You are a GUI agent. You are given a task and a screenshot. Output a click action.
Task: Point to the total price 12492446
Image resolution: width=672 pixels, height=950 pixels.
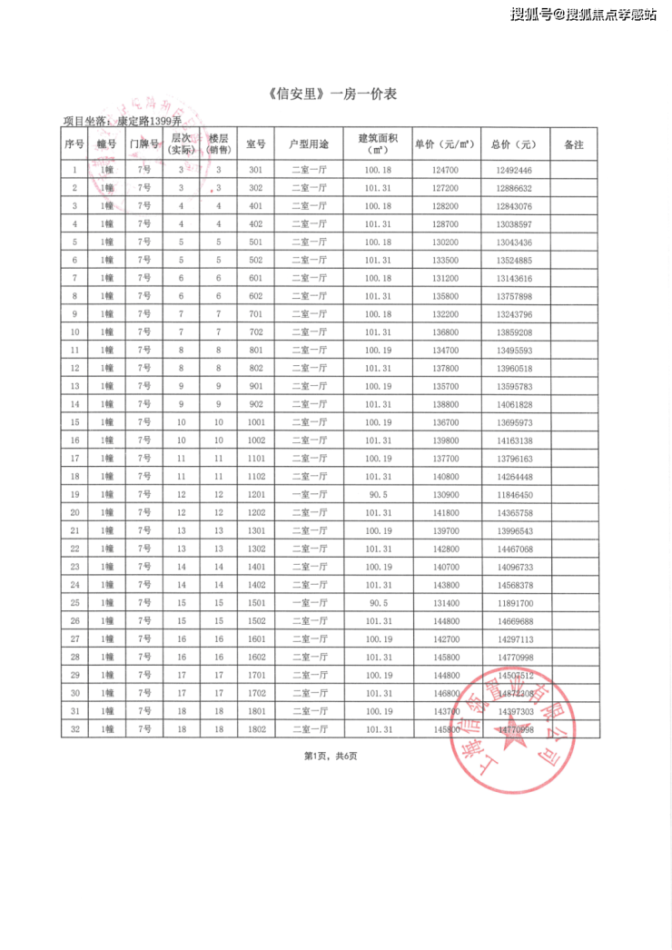514,170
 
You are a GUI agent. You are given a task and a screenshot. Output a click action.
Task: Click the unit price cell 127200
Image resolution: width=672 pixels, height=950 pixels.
445,188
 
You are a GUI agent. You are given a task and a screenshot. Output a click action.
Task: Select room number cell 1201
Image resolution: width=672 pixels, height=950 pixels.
255,494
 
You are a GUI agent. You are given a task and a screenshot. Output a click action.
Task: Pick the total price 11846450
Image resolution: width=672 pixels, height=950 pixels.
514,494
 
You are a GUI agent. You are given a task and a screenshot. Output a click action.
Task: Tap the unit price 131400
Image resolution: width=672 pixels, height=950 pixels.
445,602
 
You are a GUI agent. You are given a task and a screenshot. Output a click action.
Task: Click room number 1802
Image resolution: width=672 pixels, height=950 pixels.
255,728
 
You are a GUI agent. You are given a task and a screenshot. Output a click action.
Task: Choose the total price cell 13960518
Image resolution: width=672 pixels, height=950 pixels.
514,368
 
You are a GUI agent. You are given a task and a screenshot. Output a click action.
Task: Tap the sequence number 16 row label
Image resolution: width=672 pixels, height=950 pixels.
74,440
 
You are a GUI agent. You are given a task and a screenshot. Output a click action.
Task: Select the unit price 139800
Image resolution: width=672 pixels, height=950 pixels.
445,440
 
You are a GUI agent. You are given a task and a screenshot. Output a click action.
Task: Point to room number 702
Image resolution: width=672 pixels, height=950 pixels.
255,332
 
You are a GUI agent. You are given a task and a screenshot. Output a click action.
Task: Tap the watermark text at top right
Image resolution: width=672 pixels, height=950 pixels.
583,15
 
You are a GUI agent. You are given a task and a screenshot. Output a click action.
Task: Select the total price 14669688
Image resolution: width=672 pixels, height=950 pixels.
514,620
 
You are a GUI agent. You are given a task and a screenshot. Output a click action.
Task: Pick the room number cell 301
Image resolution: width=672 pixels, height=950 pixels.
255,170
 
